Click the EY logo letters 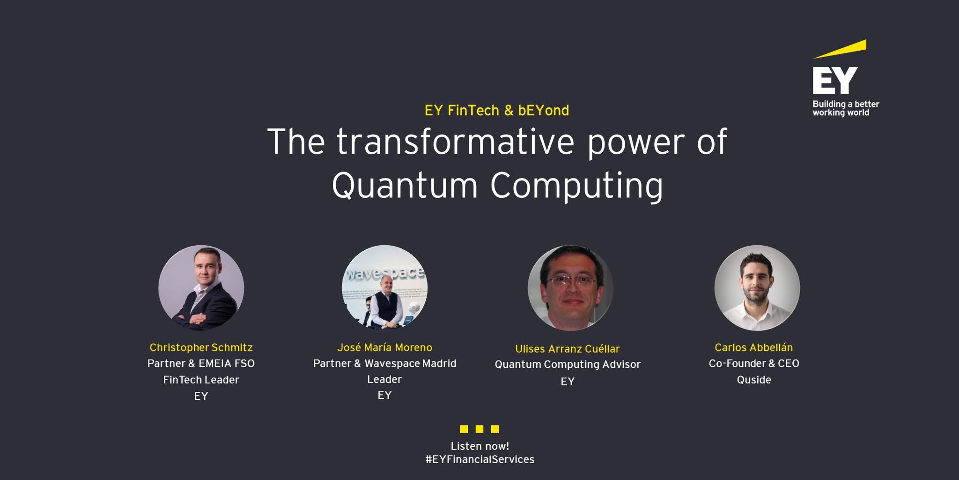tap(835, 80)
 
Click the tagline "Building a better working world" tap(846, 108)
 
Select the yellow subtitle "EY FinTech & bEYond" tap(497, 111)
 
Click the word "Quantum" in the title tap(405, 185)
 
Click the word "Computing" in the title tap(577, 187)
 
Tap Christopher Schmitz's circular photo tap(201, 288)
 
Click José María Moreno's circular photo tap(384, 288)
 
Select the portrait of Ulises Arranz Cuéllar tap(570, 288)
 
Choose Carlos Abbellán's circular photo tap(757, 288)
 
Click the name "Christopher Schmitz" tap(201, 348)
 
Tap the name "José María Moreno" tap(384, 347)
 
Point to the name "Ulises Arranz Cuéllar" tap(568, 349)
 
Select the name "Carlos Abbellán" tap(753, 347)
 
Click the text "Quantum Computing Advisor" tap(568, 365)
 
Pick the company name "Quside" tap(754, 380)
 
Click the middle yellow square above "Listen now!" tap(479, 429)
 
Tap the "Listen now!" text tap(480, 446)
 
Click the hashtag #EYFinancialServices tap(480, 459)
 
